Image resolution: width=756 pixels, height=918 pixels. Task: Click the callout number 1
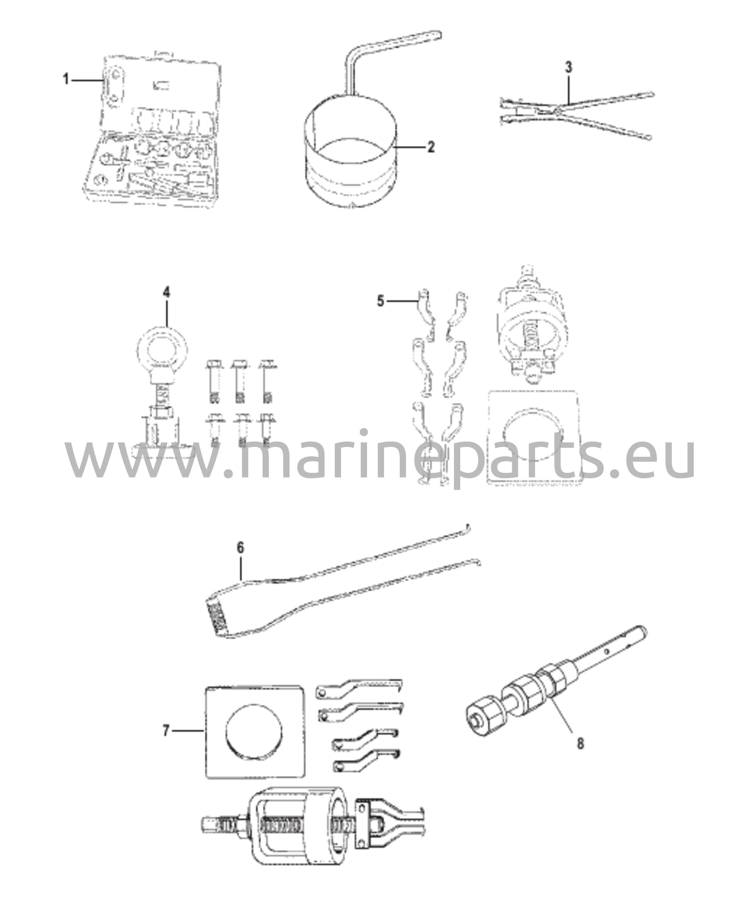click(x=66, y=80)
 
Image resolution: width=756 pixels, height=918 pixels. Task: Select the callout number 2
click(x=431, y=147)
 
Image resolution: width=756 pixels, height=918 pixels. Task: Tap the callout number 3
click(x=568, y=67)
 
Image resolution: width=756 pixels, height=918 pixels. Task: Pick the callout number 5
click(x=380, y=301)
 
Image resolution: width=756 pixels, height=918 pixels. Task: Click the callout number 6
click(x=240, y=547)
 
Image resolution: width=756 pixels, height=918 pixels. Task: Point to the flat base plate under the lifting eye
click(x=162, y=449)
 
